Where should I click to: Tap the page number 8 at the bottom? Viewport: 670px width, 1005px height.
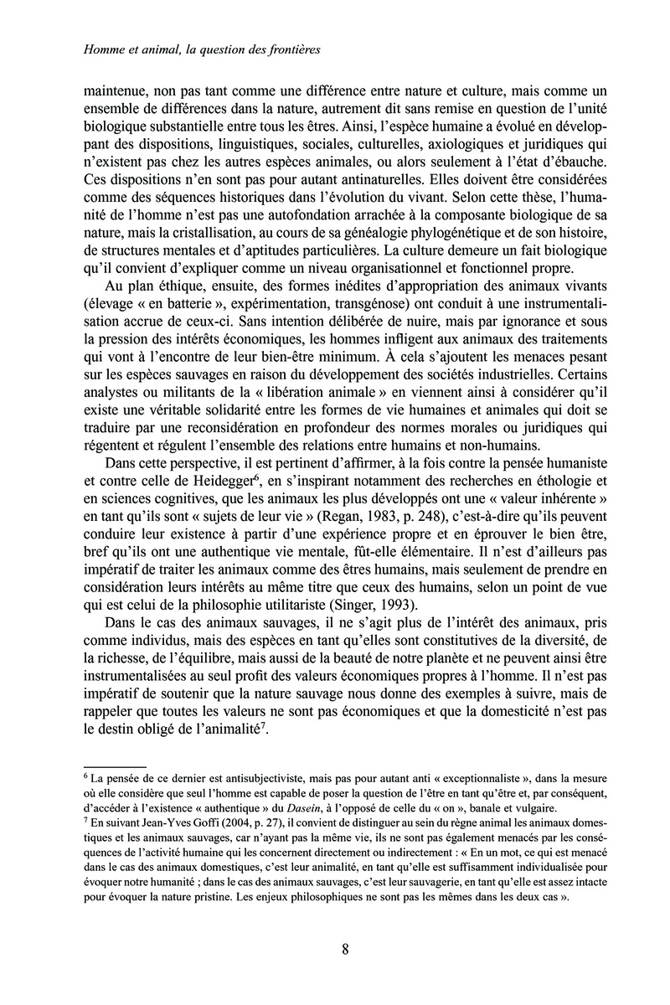[346, 949]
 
